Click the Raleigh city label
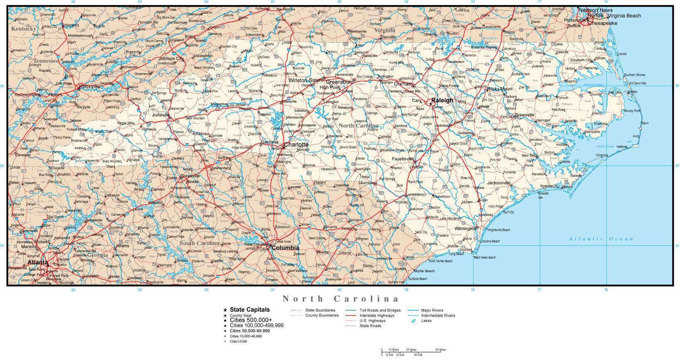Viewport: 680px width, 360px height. pyautogui.click(x=442, y=100)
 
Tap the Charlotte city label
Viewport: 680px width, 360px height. pyautogui.click(x=296, y=144)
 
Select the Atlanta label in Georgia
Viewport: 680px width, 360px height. pyautogui.click(x=37, y=262)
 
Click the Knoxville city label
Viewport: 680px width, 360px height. pyautogui.click(x=89, y=86)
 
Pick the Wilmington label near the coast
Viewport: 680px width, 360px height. pyautogui.click(x=464, y=228)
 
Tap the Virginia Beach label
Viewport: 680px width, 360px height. pyautogui.click(x=624, y=16)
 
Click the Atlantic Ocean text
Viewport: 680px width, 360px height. pyautogui.click(x=601, y=239)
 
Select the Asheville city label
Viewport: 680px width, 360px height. pyautogui.click(x=161, y=115)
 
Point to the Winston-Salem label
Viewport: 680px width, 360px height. pyautogui.click(x=305, y=80)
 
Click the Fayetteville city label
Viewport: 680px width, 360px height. pyautogui.click(x=403, y=159)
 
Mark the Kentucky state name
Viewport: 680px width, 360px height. pyautogui.click(x=24, y=29)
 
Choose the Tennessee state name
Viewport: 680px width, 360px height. pyautogui.click(x=46, y=61)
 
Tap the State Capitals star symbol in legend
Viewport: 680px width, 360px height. pyautogui.click(x=225, y=310)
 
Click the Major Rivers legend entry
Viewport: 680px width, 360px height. pyautogui.click(x=432, y=310)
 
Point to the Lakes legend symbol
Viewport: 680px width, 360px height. pyautogui.click(x=414, y=321)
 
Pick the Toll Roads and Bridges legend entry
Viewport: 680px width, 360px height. pyautogui.click(x=380, y=310)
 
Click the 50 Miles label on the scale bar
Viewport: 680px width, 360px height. pyautogui.click(x=440, y=350)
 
